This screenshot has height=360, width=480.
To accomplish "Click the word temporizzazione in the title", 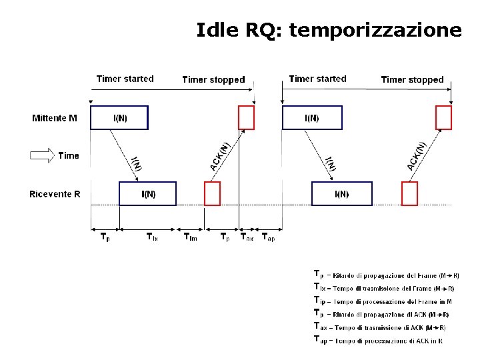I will (376, 31).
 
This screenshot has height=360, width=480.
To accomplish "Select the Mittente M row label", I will (55, 119).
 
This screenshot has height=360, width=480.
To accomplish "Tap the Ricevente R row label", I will (55, 194).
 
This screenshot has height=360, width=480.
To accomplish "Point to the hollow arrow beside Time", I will (42, 156).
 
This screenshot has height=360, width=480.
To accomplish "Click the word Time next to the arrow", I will (69, 156).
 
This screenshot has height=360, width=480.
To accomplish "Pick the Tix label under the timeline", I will (152, 237).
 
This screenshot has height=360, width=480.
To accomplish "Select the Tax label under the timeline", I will (247, 237).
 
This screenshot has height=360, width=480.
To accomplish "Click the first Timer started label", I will (125, 79).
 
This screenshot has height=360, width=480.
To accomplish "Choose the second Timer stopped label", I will (412, 79).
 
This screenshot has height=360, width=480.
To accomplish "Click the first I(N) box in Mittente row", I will (119, 118).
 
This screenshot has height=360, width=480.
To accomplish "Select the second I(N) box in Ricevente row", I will (341, 194).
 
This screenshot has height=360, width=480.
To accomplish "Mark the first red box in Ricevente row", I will (212, 194).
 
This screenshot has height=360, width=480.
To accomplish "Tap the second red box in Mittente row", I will (443, 118).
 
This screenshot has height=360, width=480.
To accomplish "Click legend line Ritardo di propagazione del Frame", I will (387, 275).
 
